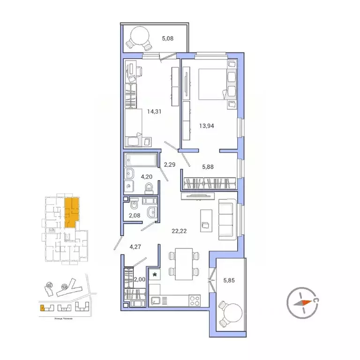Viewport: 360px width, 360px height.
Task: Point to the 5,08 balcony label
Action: point(167,39)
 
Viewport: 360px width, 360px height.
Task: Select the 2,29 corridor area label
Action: point(169,164)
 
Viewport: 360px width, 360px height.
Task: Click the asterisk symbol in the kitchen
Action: point(155,273)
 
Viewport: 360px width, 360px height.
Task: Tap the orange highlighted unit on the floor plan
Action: point(71,212)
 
